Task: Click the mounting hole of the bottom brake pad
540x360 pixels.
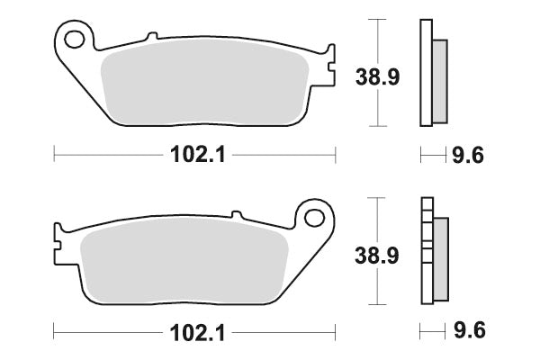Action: point(313,217)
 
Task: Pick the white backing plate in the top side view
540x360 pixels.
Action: point(426,72)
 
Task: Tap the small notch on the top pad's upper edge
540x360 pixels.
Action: point(152,36)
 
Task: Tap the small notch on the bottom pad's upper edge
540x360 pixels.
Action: point(237,214)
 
